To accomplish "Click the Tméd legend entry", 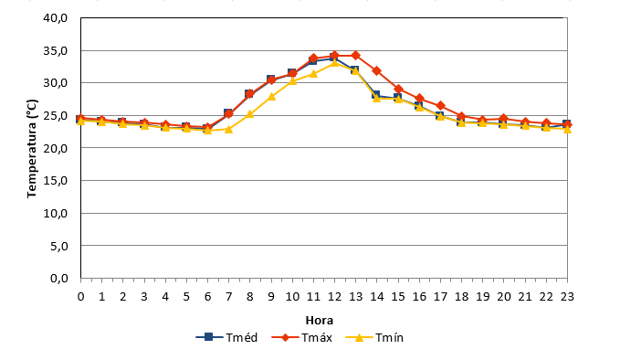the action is (x=227, y=337).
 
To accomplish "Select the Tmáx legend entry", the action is (x=302, y=337).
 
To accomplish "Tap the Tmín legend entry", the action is (x=375, y=337).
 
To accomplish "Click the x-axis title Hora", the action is (x=320, y=320).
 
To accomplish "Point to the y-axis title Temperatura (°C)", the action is (x=32, y=149).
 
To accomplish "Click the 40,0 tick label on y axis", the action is (x=56, y=18).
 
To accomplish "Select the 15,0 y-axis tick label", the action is (x=56, y=181).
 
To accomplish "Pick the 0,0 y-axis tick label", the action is (x=59, y=279).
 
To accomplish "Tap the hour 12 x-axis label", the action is (x=334, y=296).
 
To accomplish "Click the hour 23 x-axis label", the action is (x=567, y=296).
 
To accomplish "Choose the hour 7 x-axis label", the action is (x=228, y=296).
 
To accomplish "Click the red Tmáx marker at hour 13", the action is (x=355, y=55).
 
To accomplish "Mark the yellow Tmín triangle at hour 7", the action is (x=228, y=129).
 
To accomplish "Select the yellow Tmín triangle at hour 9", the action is (x=271, y=97).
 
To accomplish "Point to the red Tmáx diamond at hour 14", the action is (x=377, y=71).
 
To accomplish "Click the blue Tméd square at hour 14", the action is (x=375, y=95).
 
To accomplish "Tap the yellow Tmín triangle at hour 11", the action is (x=313, y=74).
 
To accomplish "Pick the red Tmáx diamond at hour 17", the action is (x=440, y=106).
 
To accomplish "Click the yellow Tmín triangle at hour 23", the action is (x=567, y=130).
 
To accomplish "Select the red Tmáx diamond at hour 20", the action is (x=503, y=118).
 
